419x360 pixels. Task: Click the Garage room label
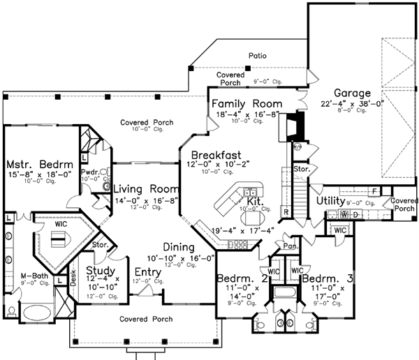click(x=352, y=93)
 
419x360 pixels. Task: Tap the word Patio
click(x=258, y=55)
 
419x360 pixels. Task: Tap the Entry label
click(x=148, y=271)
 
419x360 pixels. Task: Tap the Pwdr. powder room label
click(x=89, y=171)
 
